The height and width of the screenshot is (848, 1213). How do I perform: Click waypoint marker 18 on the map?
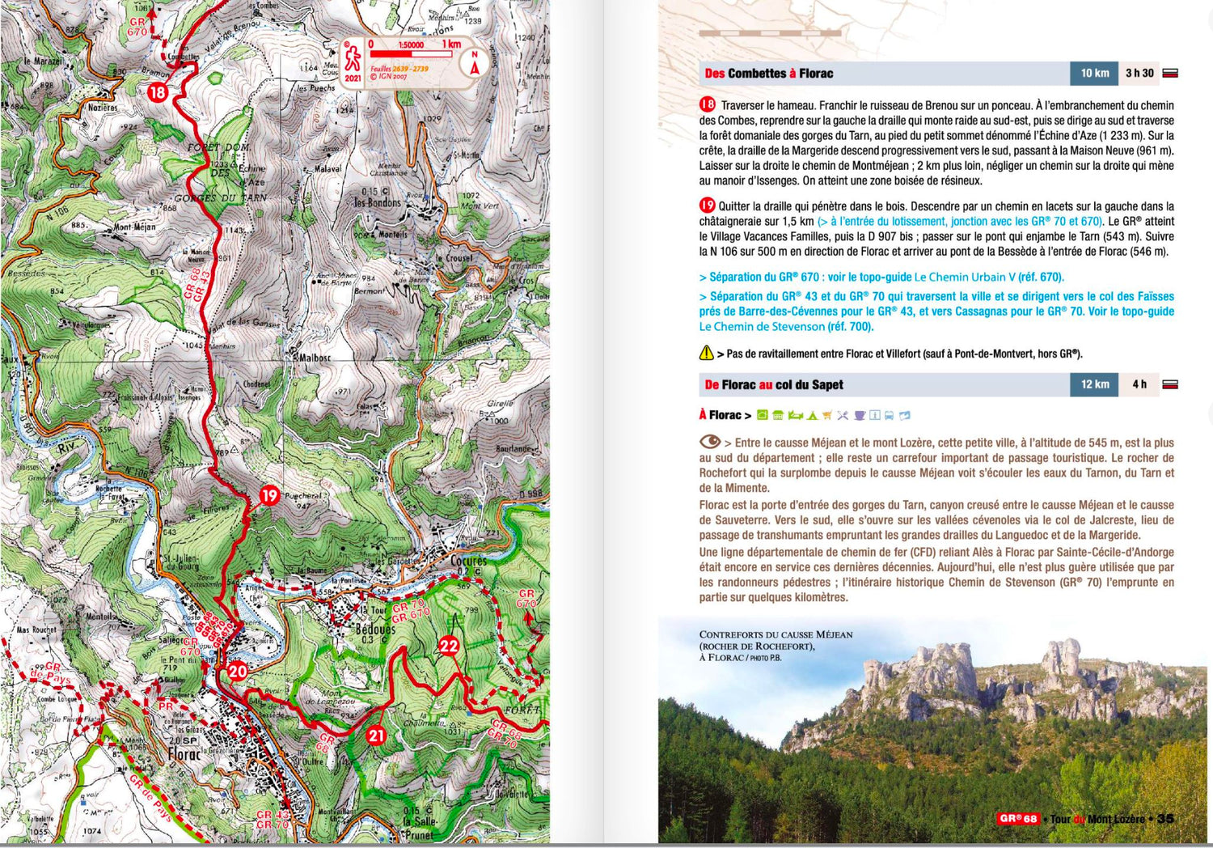(157, 92)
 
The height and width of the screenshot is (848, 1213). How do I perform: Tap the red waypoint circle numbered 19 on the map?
(269, 495)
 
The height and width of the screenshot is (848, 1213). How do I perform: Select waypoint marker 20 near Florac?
(237, 671)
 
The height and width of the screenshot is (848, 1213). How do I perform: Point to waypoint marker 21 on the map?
(376, 736)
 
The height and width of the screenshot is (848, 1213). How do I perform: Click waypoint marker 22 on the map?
(449, 646)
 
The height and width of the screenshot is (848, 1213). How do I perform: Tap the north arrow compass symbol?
(475, 63)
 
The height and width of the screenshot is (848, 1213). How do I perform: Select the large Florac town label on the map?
(184, 754)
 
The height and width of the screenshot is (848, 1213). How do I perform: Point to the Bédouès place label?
(376, 629)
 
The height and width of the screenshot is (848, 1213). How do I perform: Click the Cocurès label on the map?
(468, 561)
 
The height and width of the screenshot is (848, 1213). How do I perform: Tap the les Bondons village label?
(377, 202)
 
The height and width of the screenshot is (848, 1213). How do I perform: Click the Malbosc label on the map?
(313, 357)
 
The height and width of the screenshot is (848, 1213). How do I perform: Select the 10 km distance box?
(1094, 74)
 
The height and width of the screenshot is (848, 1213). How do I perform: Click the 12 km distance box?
(1094, 385)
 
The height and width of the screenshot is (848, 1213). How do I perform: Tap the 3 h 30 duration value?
(1139, 74)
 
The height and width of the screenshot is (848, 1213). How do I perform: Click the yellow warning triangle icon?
(706, 353)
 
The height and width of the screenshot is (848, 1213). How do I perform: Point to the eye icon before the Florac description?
(709, 442)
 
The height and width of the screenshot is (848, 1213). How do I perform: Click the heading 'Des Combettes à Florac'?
(768, 74)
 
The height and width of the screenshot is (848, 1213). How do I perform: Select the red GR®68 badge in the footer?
(1017, 819)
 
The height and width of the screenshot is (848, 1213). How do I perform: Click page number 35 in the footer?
(1165, 819)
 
